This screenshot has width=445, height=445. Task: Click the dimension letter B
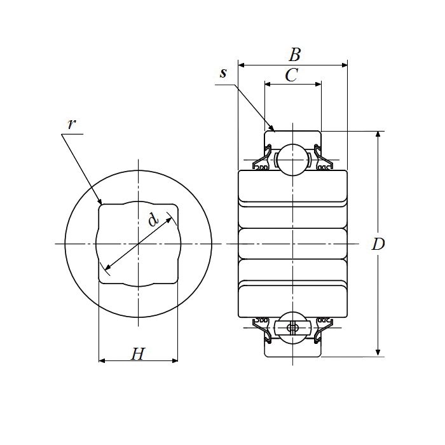[x=294, y=54]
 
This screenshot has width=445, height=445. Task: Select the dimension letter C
[x=291, y=76]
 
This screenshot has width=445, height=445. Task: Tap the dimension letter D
[x=379, y=244]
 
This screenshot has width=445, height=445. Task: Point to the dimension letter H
[x=137, y=354]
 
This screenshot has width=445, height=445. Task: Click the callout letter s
[x=223, y=72]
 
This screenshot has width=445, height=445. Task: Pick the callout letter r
[x=72, y=123]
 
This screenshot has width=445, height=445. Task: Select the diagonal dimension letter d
[x=153, y=220]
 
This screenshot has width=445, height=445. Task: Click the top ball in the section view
[x=292, y=160]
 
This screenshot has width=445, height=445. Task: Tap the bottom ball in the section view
[x=292, y=327]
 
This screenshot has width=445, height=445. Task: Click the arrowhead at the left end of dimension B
[x=241, y=65]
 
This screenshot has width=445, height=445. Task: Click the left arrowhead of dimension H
[x=102, y=361]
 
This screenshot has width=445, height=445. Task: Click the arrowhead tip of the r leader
[x=100, y=204]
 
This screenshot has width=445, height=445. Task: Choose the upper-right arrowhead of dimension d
[x=170, y=217]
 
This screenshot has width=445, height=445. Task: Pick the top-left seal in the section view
[x=262, y=160]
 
